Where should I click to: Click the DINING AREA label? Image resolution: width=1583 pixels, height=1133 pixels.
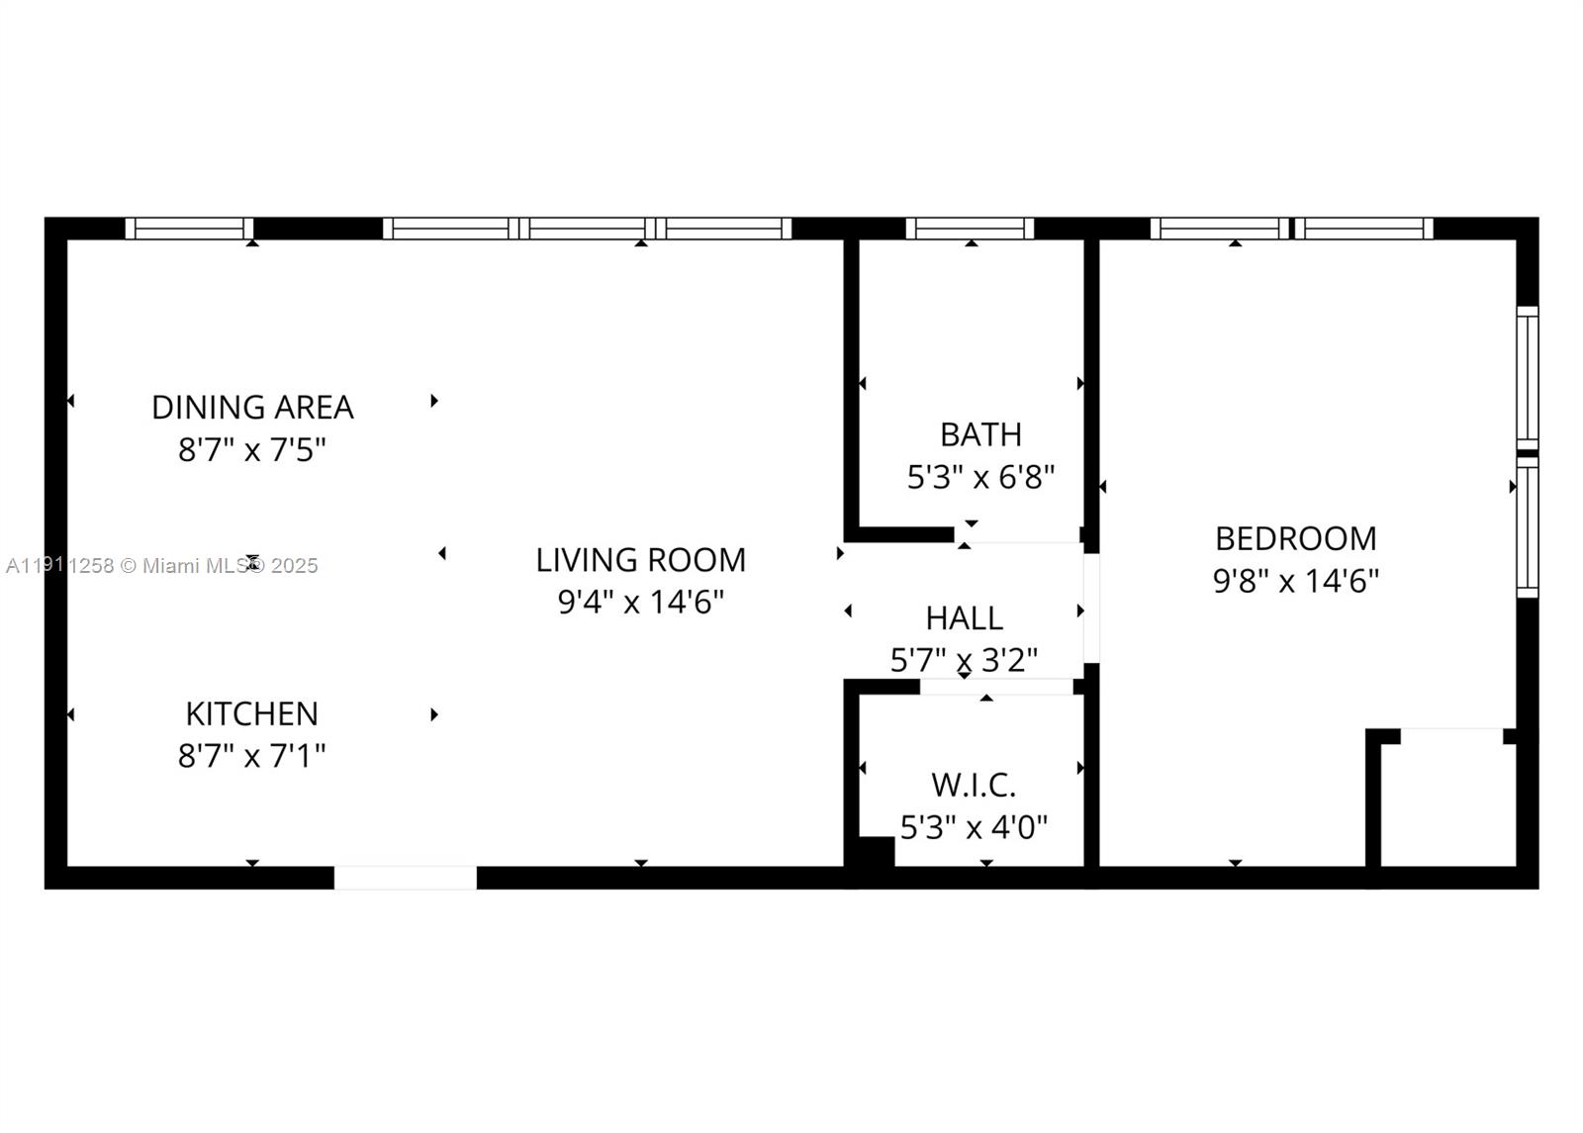click(252, 407)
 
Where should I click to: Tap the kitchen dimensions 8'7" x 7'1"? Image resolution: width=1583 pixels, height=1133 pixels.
click(251, 756)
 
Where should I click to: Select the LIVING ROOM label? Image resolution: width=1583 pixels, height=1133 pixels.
click(640, 560)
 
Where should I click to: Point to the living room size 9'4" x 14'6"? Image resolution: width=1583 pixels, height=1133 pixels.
click(640, 602)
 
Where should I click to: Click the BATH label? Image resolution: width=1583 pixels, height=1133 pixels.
click(980, 434)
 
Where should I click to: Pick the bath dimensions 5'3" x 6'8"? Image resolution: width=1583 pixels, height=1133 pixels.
click(980, 478)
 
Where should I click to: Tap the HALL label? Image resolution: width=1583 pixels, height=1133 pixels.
click(964, 618)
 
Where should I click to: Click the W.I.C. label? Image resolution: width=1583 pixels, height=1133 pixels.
click(974, 786)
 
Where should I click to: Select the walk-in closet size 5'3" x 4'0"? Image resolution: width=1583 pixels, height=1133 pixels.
click(974, 827)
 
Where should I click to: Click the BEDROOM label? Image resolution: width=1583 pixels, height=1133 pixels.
click(1295, 538)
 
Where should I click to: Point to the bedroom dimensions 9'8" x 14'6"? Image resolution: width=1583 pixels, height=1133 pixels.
click(1295, 581)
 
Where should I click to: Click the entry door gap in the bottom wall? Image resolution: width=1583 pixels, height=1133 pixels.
click(406, 878)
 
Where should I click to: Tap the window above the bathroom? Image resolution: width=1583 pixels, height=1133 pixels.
click(970, 229)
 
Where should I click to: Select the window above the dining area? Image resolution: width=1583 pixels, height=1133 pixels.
click(189, 229)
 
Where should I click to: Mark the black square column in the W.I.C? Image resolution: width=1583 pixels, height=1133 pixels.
click(875, 852)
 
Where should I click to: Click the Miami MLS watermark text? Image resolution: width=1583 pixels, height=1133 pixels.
click(162, 566)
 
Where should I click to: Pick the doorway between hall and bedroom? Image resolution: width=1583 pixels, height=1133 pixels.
click(1091, 608)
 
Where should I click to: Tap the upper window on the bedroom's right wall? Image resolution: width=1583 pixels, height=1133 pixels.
click(1528, 376)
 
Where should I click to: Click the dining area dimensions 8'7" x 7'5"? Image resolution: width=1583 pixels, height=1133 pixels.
click(251, 450)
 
